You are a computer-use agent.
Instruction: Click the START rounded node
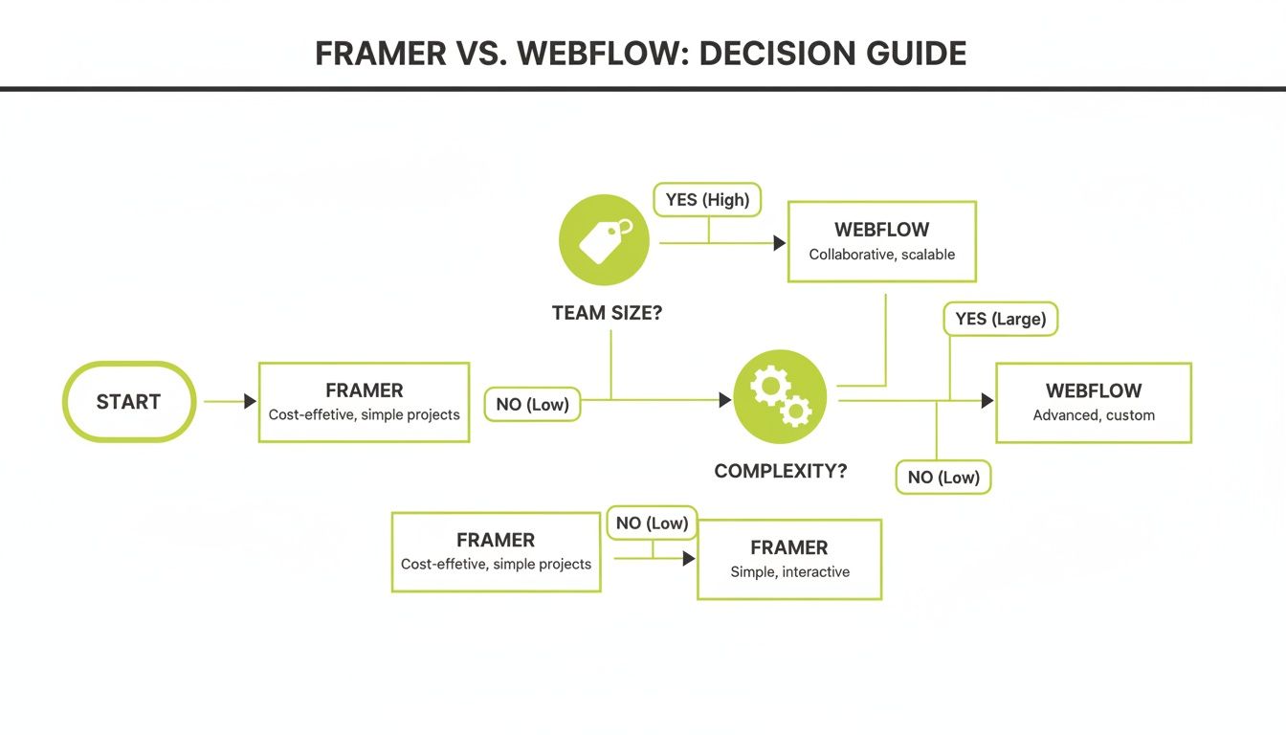[129, 402]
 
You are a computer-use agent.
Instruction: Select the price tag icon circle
[604, 240]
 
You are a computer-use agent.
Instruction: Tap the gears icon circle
[780, 396]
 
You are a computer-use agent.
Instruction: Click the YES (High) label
[708, 200]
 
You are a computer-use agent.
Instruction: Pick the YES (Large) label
[1001, 319]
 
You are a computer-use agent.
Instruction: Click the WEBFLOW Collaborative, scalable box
[881, 241]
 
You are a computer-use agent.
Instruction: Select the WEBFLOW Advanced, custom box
[1093, 402]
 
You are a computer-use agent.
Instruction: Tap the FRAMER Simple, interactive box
[788, 559]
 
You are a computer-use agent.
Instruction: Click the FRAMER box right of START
[364, 402]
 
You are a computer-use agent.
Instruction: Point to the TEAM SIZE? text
[607, 313]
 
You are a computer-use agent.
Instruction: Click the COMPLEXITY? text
[780, 472]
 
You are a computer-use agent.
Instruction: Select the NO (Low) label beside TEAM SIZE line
[532, 404]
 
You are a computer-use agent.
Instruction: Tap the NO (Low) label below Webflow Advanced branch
[943, 477]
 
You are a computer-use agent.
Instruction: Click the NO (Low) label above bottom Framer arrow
[653, 523]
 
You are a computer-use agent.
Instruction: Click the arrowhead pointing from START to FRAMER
[250, 402]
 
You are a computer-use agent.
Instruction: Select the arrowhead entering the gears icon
[725, 400]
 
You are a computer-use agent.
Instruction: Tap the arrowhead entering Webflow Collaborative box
[779, 244]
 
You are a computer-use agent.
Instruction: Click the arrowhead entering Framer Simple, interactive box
[688, 558]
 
